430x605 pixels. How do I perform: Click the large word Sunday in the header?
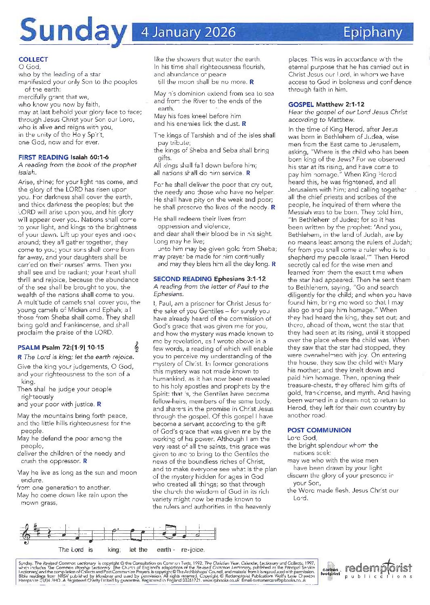pyautogui.click(x=73, y=31)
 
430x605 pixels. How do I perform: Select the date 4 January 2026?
pyautogui.click(x=188, y=32)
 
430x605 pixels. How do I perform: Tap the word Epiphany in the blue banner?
pyautogui.click(x=372, y=32)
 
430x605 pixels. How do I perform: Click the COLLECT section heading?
pyautogui.click(x=33, y=59)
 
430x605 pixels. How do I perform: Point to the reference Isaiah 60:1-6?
pyautogui.click(x=89, y=157)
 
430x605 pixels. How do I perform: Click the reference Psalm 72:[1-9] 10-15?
pyautogui.click(x=73, y=347)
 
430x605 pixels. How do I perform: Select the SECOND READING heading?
pyautogui.click(x=182, y=279)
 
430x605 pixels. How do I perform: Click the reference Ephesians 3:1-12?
pyautogui.click(x=239, y=279)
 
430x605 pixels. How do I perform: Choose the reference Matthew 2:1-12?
pyautogui.click(x=340, y=104)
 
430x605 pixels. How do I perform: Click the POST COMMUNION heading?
pyautogui.click(x=319, y=430)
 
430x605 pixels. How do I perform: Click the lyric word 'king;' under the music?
pyautogui.click(x=114, y=549)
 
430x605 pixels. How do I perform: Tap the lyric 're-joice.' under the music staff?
pyautogui.click(x=193, y=549)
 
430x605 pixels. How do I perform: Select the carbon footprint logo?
pyautogui.click(x=330, y=570)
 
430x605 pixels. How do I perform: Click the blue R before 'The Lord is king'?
pyautogui.click(x=20, y=357)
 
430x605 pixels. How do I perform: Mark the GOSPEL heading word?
pyautogui.click(x=301, y=104)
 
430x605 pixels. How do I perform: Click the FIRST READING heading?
pyautogui.click(x=43, y=157)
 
